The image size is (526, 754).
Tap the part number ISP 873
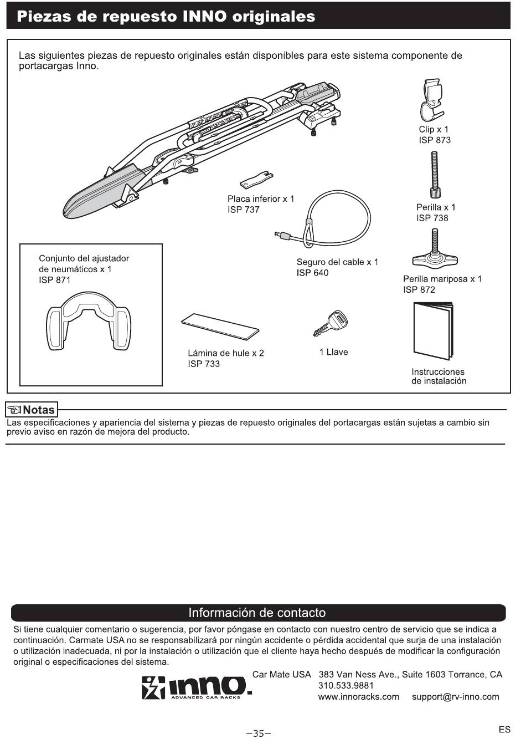click(x=435, y=140)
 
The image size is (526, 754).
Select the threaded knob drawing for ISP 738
click(x=435, y=175)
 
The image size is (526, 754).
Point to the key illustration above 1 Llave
click(x=330, y=323)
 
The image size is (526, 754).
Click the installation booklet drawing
click(x=433, y=330)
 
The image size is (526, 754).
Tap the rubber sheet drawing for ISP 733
click(x=220, y=326)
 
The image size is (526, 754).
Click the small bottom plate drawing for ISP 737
click(x=256, y=180)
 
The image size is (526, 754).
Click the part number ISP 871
click(x=55, y=280)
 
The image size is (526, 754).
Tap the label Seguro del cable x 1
click(x=337, y=262)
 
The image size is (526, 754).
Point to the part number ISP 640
click(x=312, y=273)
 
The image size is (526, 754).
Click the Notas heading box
click(x=32, y=410)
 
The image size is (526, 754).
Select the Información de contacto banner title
click(x=257, y=613)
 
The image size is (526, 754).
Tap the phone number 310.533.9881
click(x=346, y=686)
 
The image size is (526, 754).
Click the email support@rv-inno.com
click(x=456, y=697)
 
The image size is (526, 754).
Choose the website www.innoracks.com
click(x=359, y=697)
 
